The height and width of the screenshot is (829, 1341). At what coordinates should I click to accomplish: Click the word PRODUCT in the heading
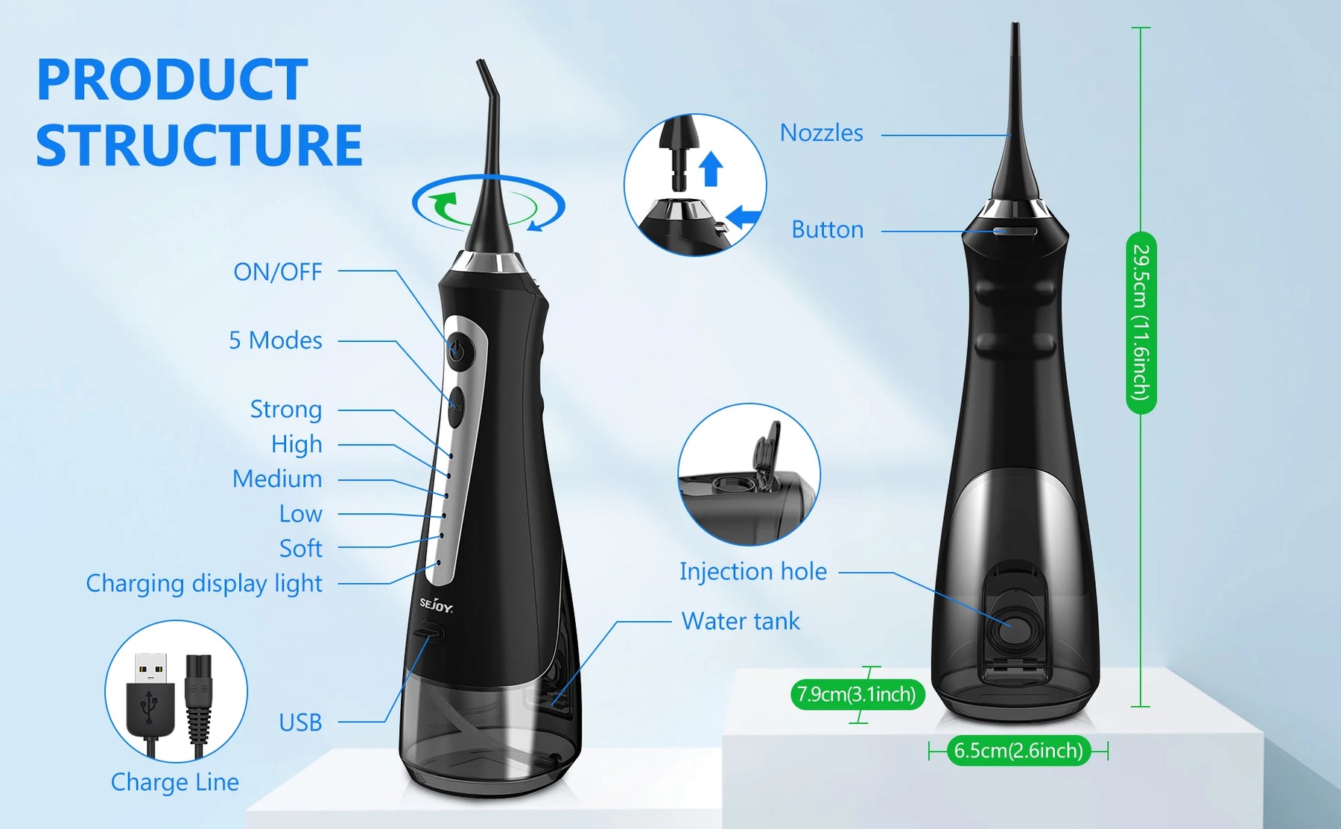click(x=172, y=80)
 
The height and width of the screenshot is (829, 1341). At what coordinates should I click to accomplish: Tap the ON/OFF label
click(x=277, y=272)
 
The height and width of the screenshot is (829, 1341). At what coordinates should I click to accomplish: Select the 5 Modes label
click(x=275, y=340)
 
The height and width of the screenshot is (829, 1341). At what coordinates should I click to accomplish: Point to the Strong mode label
click(x=286, y=410)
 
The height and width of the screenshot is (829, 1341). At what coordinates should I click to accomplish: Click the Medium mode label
click(x=277, y=479)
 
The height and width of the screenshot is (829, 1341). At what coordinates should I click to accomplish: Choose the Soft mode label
click(x=300, y=548)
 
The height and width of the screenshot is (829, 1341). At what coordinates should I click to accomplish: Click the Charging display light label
click(x=204, y=583)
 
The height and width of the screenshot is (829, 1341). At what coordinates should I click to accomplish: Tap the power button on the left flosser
click(x=457, y=349)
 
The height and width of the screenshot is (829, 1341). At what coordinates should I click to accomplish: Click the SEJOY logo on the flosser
click(x=436, y=605)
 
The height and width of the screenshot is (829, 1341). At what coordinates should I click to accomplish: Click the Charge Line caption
click(x=175, y=782)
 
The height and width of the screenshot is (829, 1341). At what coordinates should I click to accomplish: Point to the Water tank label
click(x=741, y=621)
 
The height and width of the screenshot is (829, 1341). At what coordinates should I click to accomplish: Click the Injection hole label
click(x=753, y=571)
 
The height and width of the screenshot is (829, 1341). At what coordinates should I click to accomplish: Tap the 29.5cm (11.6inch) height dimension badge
click(x=1141, y=323)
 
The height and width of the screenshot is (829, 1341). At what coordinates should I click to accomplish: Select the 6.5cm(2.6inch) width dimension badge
click(x=1018, y=750)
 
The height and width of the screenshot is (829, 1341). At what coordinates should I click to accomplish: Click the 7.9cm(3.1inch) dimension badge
click(x=857, y=694)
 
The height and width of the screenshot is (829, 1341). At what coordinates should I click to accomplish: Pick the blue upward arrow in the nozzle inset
click(x=711, y=168)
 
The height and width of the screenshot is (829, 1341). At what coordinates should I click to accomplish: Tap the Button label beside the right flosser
click(x=827, y=229)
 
